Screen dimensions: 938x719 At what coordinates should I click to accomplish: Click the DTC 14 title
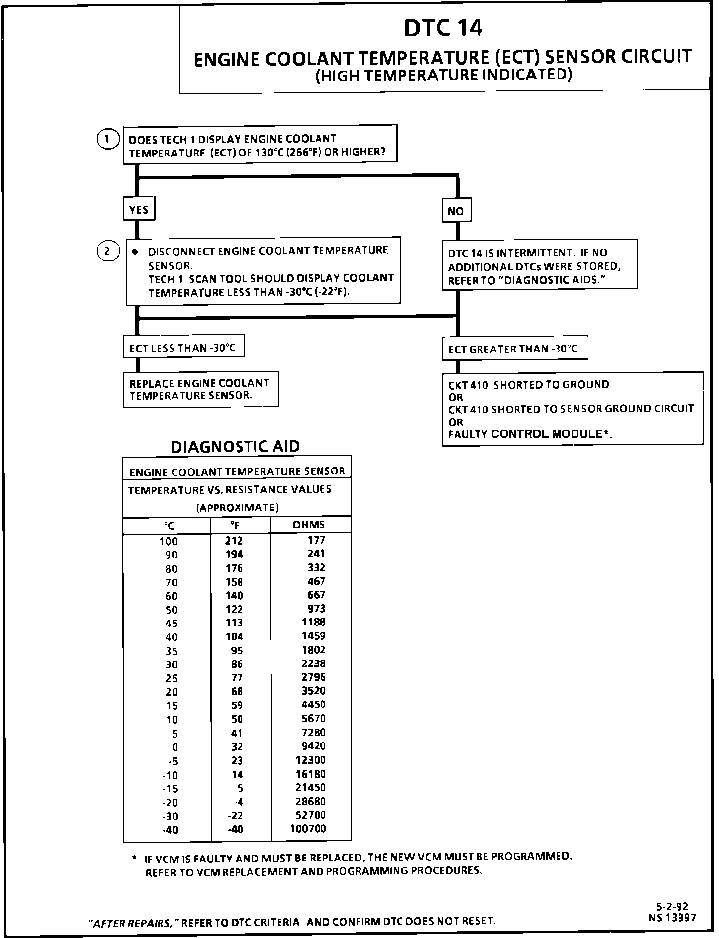point(443,28)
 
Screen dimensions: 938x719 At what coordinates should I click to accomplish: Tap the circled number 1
point(107,139)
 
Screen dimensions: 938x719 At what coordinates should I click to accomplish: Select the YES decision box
point(139,210)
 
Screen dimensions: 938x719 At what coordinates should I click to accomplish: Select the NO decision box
point(456,211)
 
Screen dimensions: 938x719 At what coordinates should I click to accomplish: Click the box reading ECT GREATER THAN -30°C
point(514,349)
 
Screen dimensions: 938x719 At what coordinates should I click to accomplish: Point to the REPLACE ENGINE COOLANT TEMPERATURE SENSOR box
point(200,390)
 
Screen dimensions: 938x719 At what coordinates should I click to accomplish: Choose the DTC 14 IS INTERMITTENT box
point(539,267)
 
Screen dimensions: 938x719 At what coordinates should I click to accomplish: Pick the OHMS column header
point(309,525)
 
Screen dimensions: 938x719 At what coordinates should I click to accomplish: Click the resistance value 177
point(316,540)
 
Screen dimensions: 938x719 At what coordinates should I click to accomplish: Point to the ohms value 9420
point(314,746)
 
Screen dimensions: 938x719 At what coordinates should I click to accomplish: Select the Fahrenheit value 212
point(234,541)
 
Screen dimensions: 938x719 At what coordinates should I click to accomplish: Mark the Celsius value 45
point(171,624)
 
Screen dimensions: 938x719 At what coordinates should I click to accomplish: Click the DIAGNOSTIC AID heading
point(235,447)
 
